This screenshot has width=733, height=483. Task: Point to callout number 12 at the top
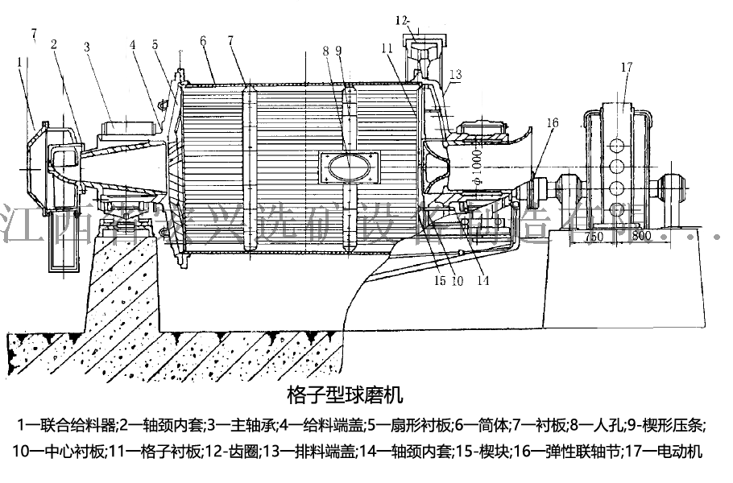tap(403, 18)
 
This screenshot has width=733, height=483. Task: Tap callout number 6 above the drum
tap(203, 39)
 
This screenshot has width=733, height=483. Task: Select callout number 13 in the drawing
tap(455, 74)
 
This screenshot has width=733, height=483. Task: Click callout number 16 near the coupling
tap(552, 123)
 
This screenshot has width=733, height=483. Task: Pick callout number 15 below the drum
tap(440, 281)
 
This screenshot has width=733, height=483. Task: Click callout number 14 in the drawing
tap(482, 281)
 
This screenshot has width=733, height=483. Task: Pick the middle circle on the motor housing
tap(617, 166)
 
